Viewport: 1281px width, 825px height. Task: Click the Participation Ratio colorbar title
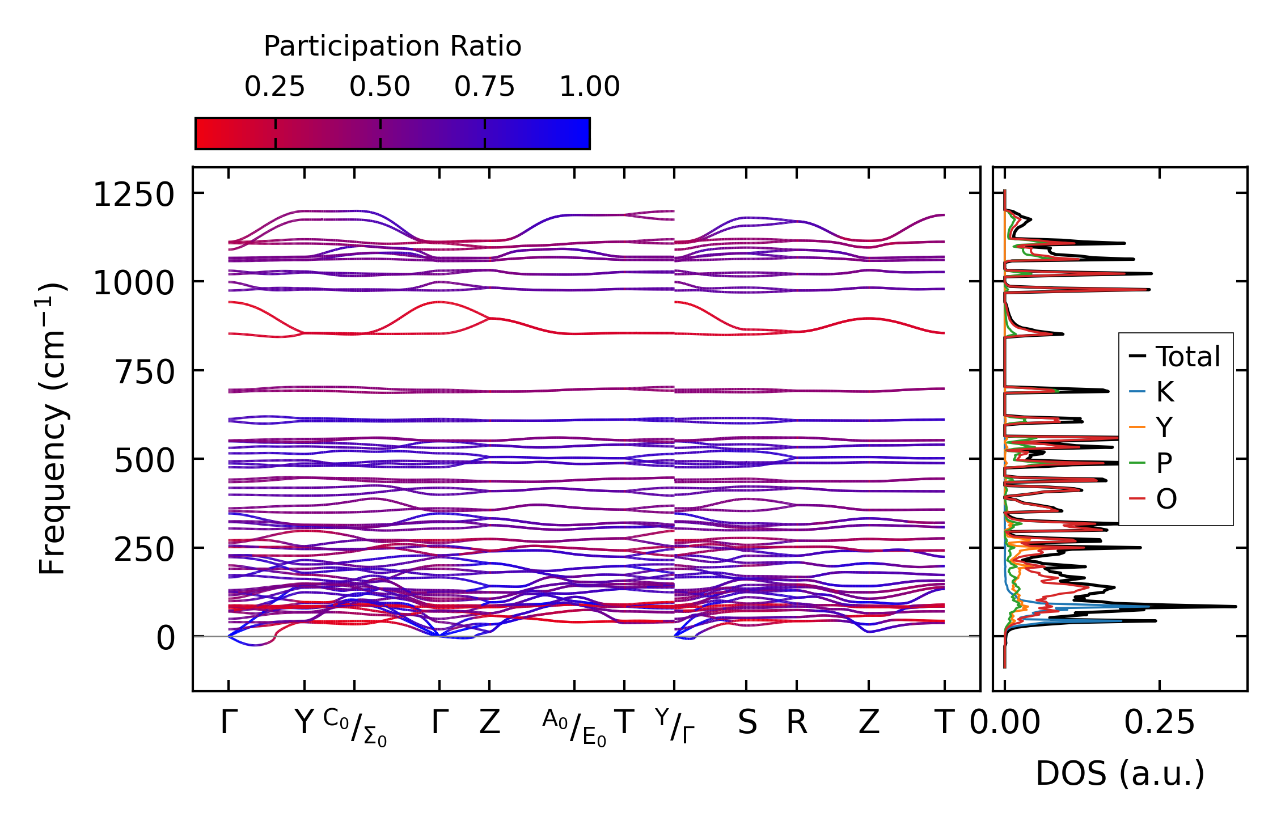(x=392, y=46)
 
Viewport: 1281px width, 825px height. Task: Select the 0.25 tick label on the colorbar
(x=274, y=87)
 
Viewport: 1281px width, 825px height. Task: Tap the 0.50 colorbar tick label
(x=379, y=87)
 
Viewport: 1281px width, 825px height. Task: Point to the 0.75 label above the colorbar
(x=484, y=87)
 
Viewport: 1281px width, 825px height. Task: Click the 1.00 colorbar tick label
(x=589, y=87)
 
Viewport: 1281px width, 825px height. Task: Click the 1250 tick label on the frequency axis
(x=134, y=196)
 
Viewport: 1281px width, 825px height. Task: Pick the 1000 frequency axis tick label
(x=134, y=284)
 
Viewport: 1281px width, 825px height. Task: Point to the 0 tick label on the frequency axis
(x=166, y=638)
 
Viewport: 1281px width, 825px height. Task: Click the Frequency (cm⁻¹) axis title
(x=52, y=429)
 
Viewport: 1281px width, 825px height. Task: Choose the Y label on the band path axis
(x=304, y=723)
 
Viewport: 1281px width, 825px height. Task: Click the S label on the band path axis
(x=747, y=723)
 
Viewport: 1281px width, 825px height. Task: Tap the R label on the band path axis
(x=797, y=723)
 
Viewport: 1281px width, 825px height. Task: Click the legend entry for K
(x=1165, y=392)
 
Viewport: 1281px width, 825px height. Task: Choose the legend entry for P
(x=1164, y=463)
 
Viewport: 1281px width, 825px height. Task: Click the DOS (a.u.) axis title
(x=1120, y=774)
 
